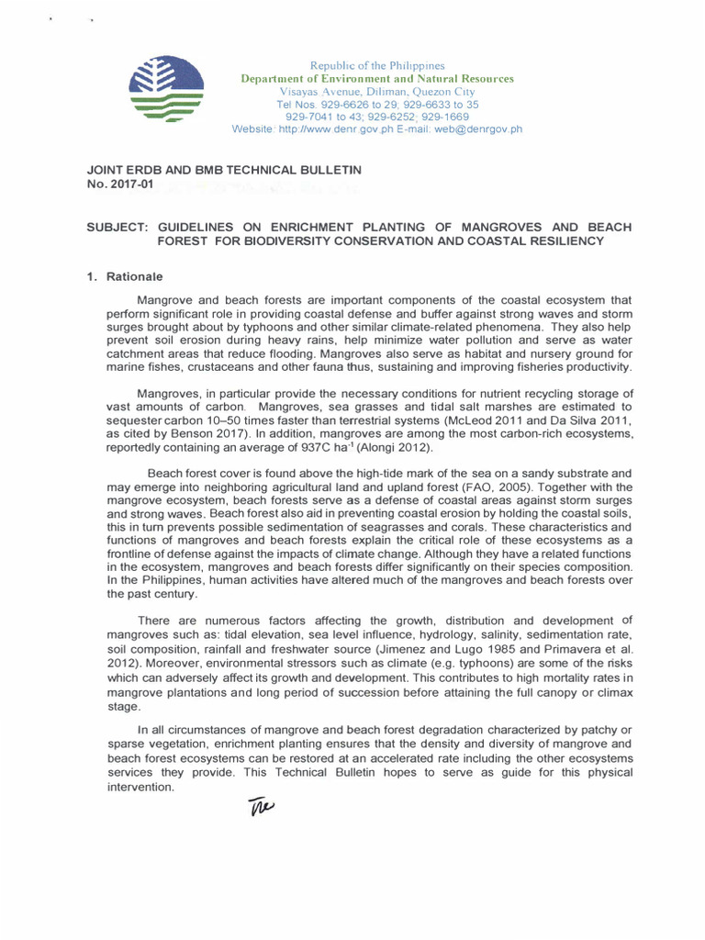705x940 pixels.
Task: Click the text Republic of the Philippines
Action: click(x=377, y=65)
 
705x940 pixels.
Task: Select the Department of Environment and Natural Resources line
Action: click(x=377, y=79)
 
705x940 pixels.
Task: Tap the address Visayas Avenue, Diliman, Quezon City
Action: click(x=377, y=92)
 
